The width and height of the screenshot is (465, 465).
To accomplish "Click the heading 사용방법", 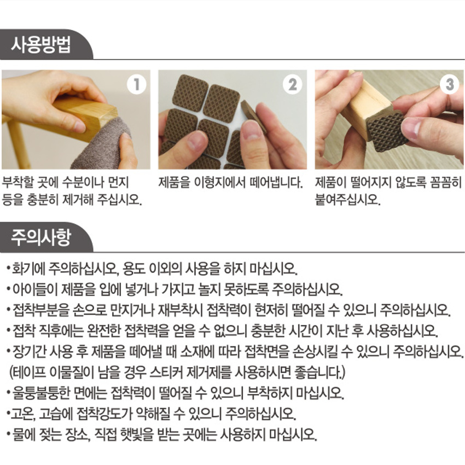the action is click(x=41, y=45).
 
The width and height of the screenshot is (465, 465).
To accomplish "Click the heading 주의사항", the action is click(x=41, y=237).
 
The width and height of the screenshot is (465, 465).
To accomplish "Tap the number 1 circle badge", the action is click(x=137, y=85).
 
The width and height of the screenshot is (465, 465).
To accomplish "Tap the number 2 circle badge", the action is click(x=293, y=84).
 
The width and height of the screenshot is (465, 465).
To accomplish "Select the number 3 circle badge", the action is click(x=449, y=84).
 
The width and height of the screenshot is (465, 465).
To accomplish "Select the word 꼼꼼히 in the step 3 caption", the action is click(x=445, y=182).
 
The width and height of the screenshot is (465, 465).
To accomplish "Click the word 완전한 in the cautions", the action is click(x=104, y=331).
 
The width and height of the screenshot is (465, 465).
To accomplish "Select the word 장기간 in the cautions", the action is click(x=29, y=352).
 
